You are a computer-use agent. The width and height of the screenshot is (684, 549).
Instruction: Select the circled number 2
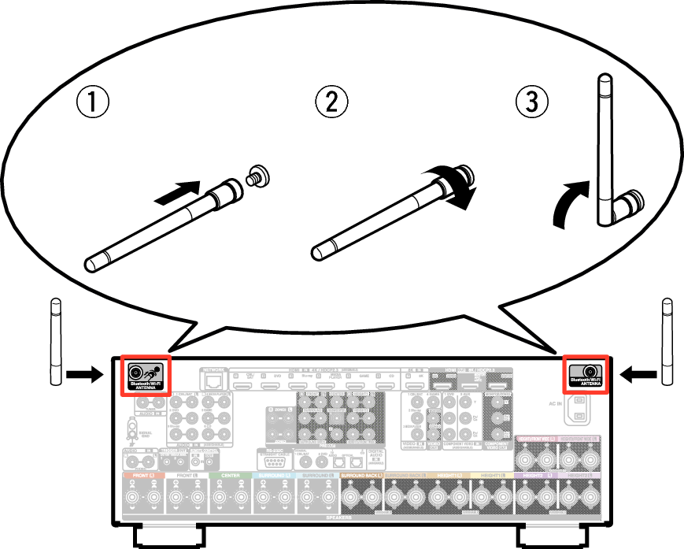(331, 102)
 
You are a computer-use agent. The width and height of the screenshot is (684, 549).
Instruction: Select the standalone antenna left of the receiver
(54, 341)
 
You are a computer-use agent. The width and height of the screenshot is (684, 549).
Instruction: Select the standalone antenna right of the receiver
(667, 341)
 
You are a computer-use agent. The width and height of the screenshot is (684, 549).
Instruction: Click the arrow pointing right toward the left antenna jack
(83, 375)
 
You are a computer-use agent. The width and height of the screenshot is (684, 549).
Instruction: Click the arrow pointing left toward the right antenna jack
(638, 375)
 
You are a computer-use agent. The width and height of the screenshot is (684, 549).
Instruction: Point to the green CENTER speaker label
(230, 475)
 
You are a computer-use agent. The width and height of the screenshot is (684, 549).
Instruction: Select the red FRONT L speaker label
(142, 475)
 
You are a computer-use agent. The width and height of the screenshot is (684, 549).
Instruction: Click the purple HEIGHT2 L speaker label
(537, 475)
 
